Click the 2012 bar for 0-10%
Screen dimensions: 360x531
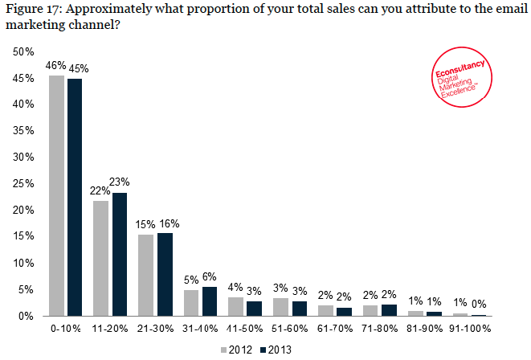(57, 195)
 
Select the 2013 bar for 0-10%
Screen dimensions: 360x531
(75, 198)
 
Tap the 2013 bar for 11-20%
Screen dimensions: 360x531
(119, 254)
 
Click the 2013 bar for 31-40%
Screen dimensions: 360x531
(209, 301)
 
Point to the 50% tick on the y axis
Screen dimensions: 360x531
(23, 51)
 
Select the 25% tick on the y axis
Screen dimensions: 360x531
(23, 183)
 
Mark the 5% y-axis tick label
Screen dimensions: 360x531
(26, 289)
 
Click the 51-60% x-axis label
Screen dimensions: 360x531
(288, 329)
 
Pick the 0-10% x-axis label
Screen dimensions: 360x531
(66, 329)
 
